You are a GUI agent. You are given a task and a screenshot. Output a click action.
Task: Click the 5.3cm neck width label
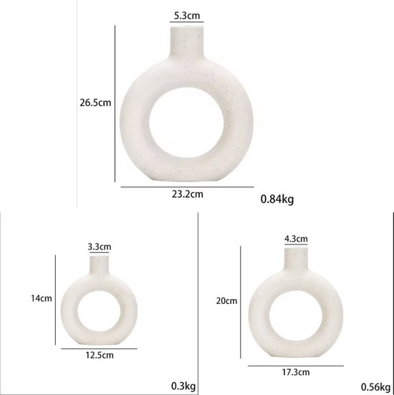point(187,16)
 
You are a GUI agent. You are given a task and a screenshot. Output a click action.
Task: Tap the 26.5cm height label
point(95,103)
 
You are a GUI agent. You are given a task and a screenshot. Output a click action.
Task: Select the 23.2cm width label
point(188,194)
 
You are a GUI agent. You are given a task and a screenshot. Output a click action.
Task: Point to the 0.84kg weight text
point(277,199)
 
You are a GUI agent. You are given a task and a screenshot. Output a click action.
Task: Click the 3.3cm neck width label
point(100,247)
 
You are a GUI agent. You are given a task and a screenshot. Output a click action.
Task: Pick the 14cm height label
point(42,298)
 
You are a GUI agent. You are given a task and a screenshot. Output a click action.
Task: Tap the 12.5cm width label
point(100,355)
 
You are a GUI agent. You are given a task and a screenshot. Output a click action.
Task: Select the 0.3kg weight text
point(183,386)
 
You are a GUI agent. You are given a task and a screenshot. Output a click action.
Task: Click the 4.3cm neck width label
point(296,239)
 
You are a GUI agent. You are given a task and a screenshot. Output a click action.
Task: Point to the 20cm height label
point(226,301)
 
